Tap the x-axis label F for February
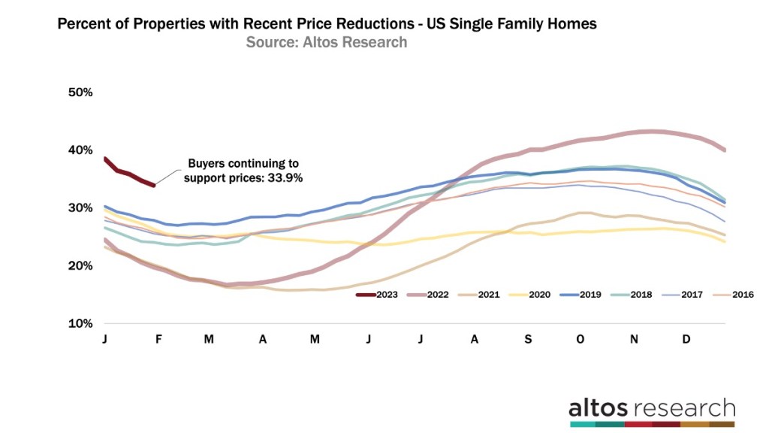point(158,340)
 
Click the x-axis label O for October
point(580,340)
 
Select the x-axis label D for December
point(686,340)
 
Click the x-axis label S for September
point(528,340)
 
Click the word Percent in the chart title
point(85,24)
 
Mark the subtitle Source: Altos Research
point(326,42)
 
